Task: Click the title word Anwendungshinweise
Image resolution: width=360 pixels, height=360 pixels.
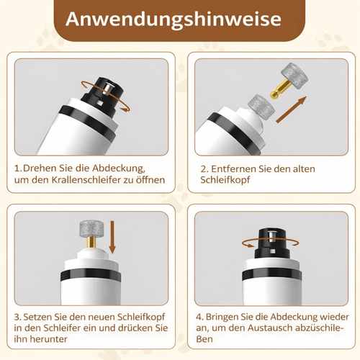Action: (x=179, y=19)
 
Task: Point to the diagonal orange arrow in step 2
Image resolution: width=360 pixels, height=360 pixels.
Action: (x=296, y=112)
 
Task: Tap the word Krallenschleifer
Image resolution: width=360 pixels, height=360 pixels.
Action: (x=94, y=180)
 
